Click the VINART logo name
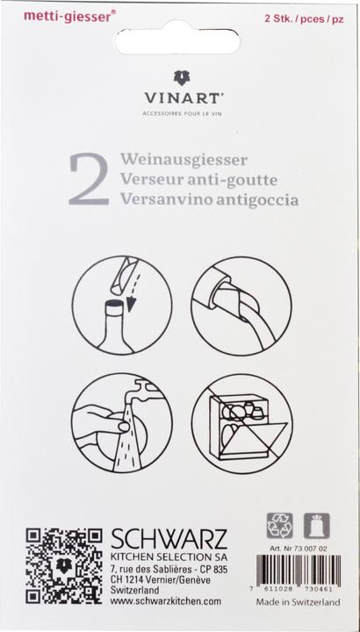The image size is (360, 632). click(x=179, y=100)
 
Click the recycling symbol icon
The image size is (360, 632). click(x=278, y=526)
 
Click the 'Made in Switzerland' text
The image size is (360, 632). click(x=298, y=605)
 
